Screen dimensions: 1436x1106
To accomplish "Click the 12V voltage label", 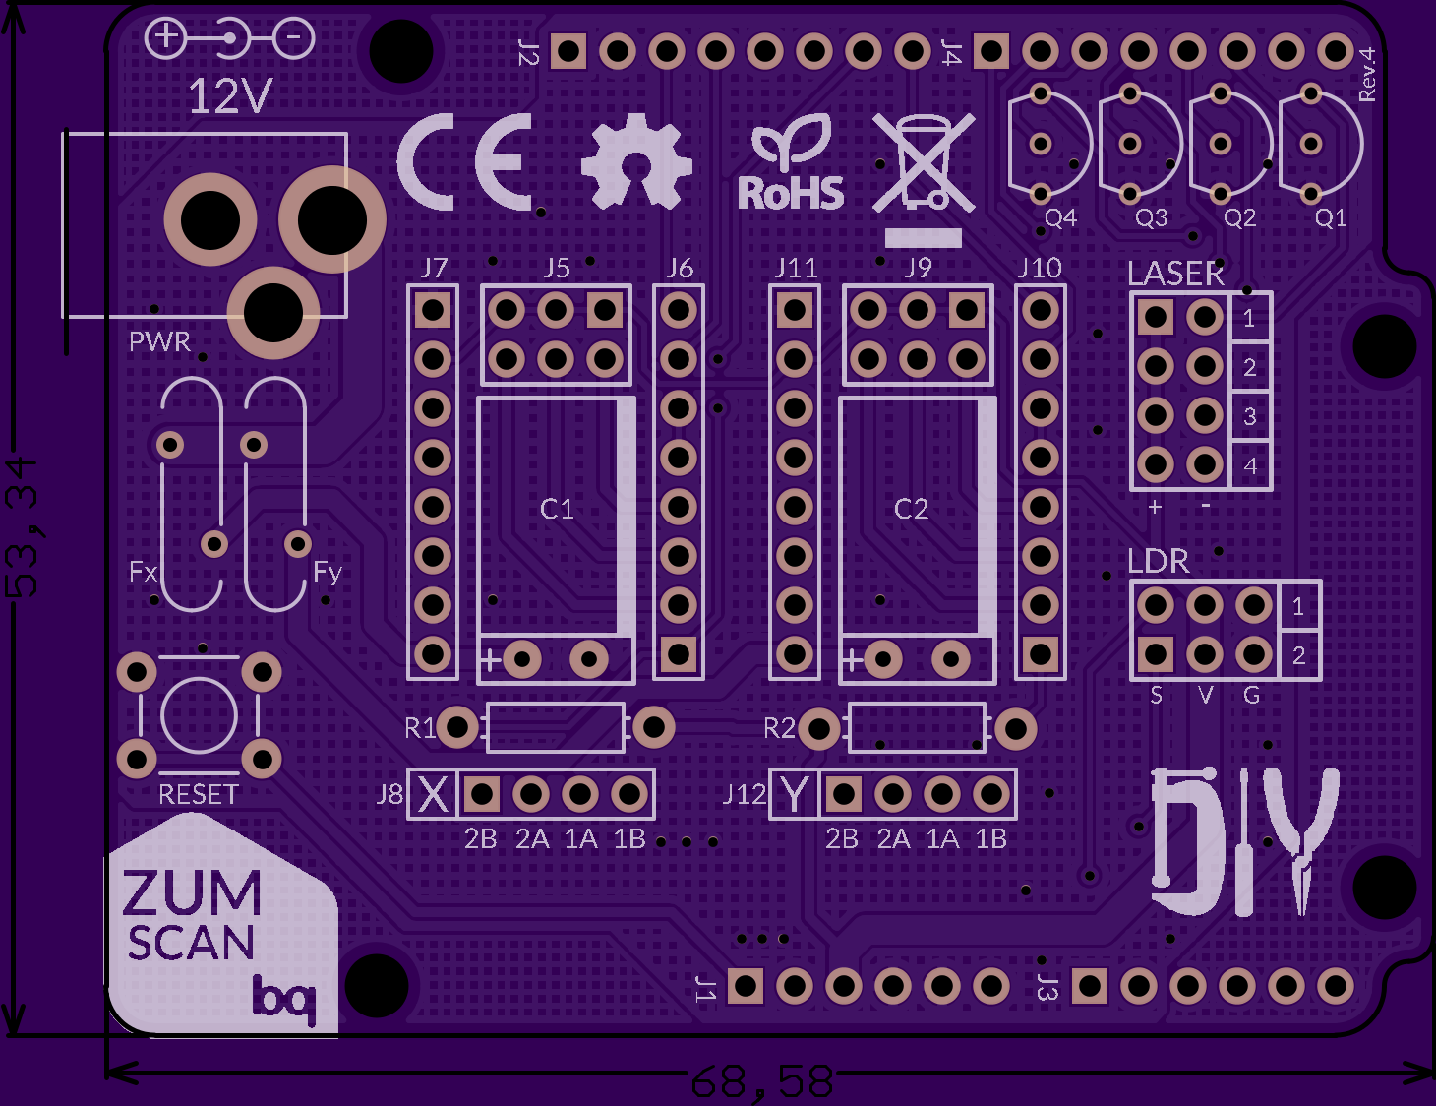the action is [x=230, y=96].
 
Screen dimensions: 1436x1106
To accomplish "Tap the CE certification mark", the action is [x=465, y=161].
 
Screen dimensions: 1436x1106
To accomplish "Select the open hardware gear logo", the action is [x=636, y=160].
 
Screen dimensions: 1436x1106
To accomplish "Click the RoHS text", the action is [x=791, y=193].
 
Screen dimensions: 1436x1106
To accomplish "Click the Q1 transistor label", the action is [x=1330, y=217].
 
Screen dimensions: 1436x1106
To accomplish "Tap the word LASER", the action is [x=1175, y=274].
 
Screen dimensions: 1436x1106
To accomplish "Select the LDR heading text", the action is [x=1158, y=561].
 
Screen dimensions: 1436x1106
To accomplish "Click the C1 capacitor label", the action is [x=557, y=509].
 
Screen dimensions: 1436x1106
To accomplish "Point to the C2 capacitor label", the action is [x=912, y=509].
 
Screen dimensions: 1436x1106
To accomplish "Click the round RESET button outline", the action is [x=199, y=715].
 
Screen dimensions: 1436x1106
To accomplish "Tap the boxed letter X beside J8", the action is [x=433, y=794].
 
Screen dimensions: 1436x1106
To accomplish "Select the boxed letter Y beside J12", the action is [x=794, y=794].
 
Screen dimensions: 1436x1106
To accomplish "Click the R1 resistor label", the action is [x=420, y=728].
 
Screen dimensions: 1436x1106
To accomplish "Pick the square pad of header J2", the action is [x=568, y=51].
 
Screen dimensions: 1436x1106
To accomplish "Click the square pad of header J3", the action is [x=1089, y=986].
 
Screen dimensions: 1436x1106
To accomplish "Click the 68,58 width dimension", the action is [x=762, y=1082].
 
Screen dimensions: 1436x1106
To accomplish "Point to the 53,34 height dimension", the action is [x=22, y=526].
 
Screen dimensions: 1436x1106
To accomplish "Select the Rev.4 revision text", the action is [x=1366, y=74].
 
